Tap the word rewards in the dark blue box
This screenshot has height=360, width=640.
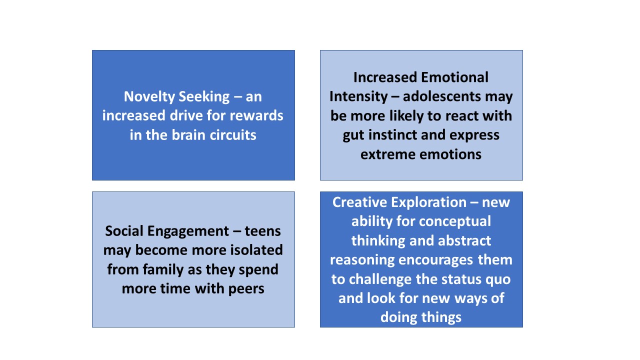tap(256, 115)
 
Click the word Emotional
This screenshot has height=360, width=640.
tap(454, 77)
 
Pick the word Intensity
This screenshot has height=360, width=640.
tap(358, 97)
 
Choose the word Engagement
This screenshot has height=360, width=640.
tap(188, 231)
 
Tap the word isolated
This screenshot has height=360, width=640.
tap(256, 250)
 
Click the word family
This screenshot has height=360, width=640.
tap(163, 269)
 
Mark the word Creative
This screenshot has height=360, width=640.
tap(359, 202)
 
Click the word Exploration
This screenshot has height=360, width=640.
tap(429, 203)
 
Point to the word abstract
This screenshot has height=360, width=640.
tap(464, 240)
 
